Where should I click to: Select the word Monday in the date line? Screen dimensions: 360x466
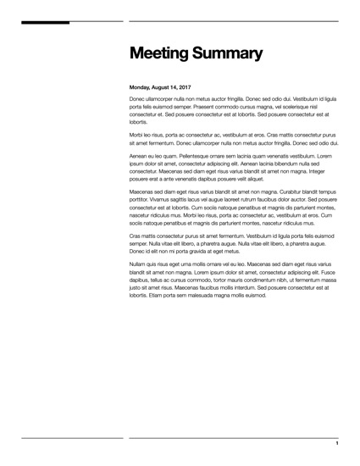point(141,87)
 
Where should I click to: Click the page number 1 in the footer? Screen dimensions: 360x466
point(337,444)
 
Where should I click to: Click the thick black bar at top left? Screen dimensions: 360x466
point(46,22)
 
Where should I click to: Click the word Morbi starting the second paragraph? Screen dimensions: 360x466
point(137,135)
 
